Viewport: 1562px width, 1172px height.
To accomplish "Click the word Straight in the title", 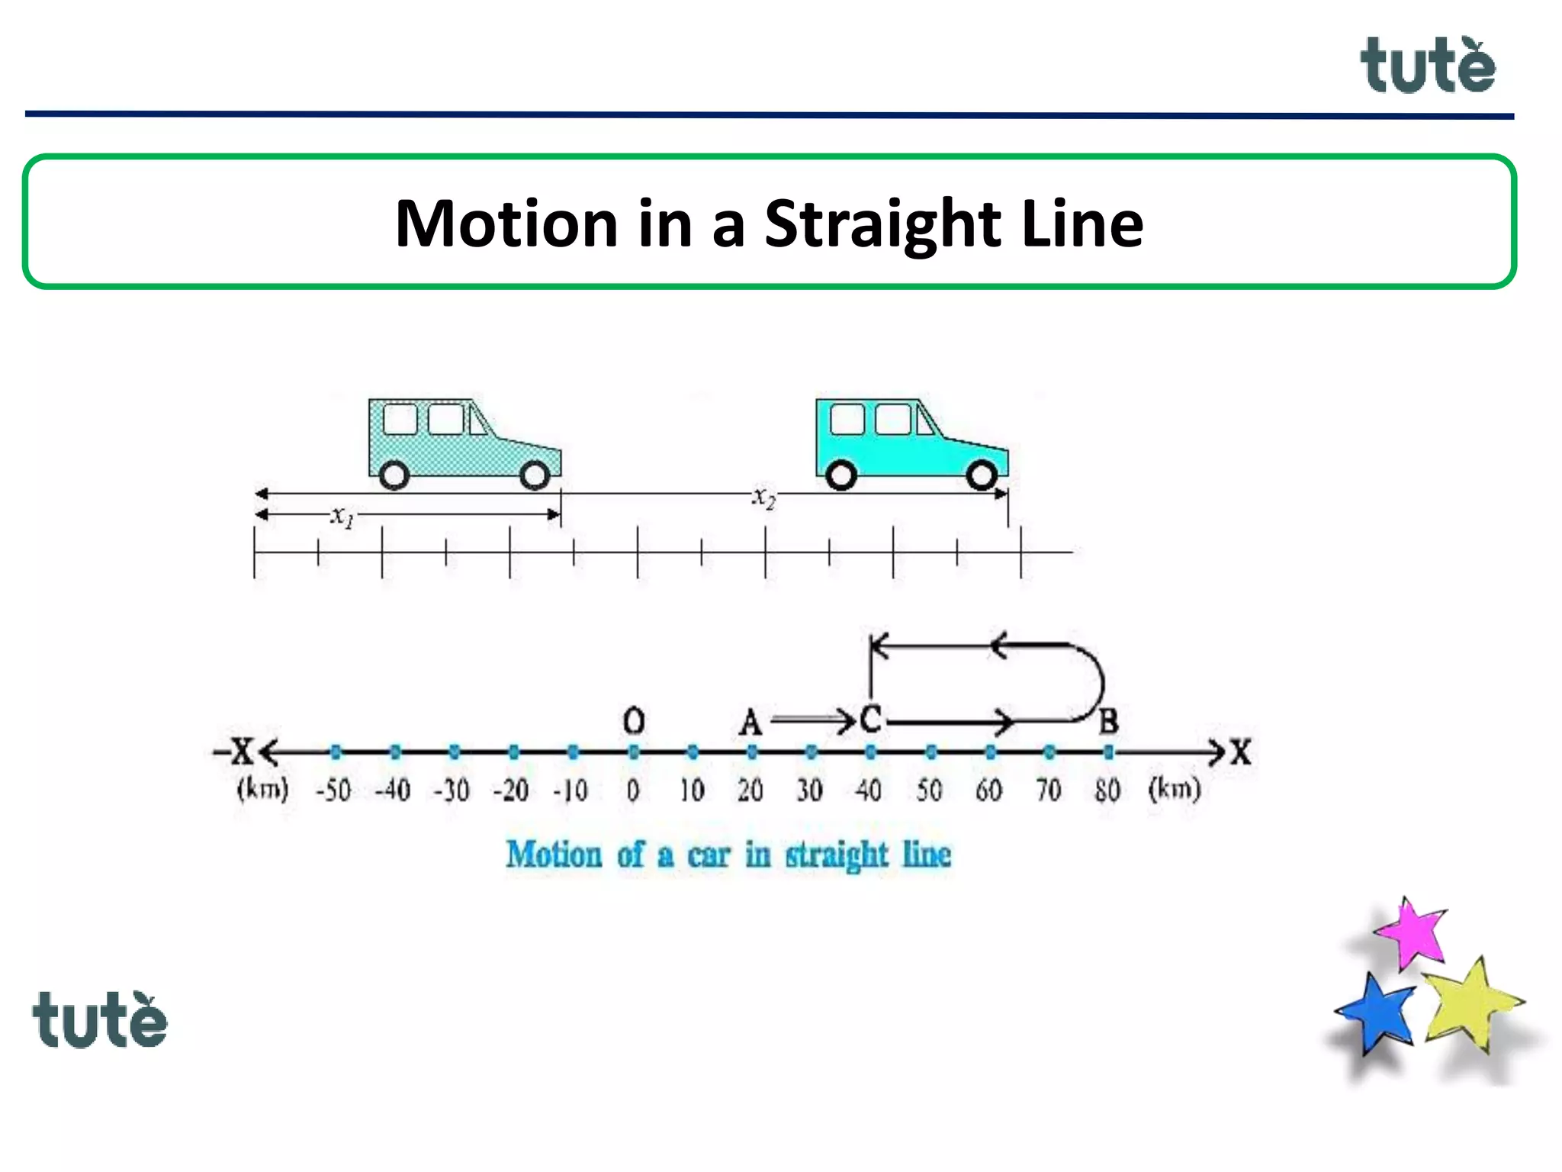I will tap(882, 224).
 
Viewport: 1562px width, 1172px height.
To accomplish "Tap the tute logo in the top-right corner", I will tap(1428, 66).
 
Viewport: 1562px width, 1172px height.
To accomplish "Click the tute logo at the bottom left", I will tap(100, 1020).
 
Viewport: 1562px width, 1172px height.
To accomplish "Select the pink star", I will tap(1413, 932).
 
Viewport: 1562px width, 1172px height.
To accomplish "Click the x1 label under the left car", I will tap(342, 517).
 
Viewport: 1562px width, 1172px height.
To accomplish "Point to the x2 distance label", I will tap(764, 497).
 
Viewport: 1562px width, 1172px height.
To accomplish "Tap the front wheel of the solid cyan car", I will tap(982, 475).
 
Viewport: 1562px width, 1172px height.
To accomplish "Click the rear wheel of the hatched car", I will tap(394, 475).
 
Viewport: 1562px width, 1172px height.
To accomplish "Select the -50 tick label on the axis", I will tap(333, 790).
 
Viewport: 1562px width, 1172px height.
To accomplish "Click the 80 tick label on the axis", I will tap(1107, 790).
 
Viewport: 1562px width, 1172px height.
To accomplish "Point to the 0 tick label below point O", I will tap(633, 790).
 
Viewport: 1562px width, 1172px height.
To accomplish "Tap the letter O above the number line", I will tap(634, 720).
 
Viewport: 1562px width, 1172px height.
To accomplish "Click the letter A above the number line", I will tap(750, 722).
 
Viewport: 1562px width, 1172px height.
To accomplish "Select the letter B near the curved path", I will tap(1108, 721).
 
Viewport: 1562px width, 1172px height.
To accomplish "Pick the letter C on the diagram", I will tap(870, 719).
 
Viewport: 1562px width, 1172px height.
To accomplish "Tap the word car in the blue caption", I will tap(709, 855).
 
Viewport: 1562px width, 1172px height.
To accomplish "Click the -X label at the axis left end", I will tap(234, 751).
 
